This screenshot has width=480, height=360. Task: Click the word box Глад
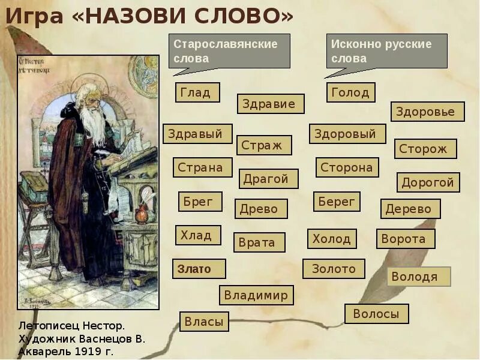pyautogui.click(x=197, y=92)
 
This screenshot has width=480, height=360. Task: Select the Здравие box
pyautogui.click(x=270, y=104)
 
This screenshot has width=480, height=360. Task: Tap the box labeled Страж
pyautogui.click(x=264, y=145)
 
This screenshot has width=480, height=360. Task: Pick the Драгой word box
pyautogui.click(x=269, y=179)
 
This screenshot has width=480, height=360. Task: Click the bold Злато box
pyautogui.click(x=199, y=269)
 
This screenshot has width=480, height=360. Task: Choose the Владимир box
pyautogui.click(x=256, y=295)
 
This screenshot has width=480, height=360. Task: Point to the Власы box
pyautogui.click(x=204, y=322)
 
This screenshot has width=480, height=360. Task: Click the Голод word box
pyautogui.click(x=351, y=92)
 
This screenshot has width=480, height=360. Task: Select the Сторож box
pyautogui.click(x=425, y=149)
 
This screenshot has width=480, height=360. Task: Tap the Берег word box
pyautogui.click(x=337, y=202)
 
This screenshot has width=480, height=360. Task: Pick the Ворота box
pyautogui.click(x=406, y=239)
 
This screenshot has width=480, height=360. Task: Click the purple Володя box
pyautogui.click(x=419, y=277)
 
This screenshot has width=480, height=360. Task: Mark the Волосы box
pyautogui.click(x=376, y=314)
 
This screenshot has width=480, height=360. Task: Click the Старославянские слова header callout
pyautogui.click(x=229, y=51)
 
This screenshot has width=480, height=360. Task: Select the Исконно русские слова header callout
pyautogui.click(x=387, y=51)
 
